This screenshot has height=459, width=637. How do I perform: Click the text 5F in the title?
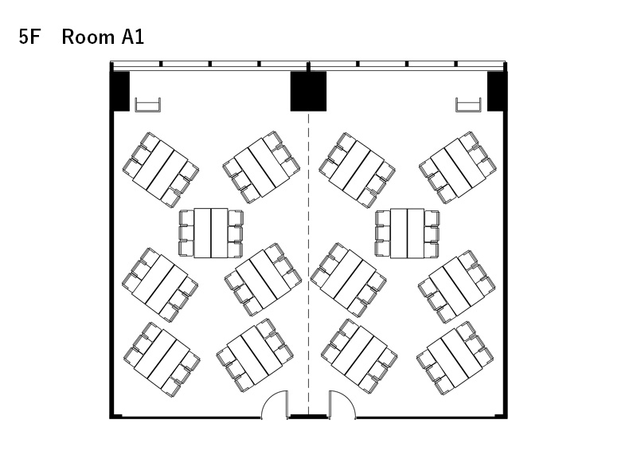click(29, 37)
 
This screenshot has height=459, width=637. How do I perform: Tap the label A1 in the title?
click(132, 37)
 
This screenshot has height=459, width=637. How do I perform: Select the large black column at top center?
click(308, 92)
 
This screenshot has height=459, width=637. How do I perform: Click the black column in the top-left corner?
click(121, 91)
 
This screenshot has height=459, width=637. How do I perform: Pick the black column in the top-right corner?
click(495, 91)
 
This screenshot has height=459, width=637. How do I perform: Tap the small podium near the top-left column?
click(148, 104)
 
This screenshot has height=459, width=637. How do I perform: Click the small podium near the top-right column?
click(468, 104)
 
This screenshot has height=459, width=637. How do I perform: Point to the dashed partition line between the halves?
click(308, 265)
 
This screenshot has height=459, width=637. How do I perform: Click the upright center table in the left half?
click(211, 233)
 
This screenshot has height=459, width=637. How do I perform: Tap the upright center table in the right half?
click(407, 233)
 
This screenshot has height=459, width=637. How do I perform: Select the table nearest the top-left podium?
click(160, 169)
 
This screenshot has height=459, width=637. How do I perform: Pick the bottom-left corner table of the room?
click(162, 359)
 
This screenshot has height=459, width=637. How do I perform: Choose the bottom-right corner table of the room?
click(455, 357)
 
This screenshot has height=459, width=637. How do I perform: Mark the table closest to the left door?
click(255, 355)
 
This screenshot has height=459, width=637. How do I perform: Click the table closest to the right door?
click(359, 355)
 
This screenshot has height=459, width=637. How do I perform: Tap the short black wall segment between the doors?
click(309, 417)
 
